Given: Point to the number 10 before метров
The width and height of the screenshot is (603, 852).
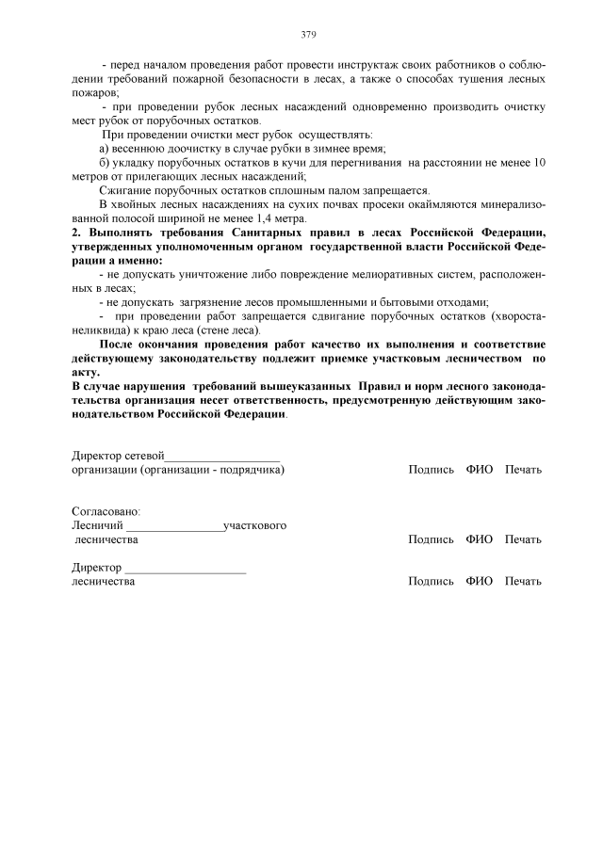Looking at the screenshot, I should [x=538, y=163].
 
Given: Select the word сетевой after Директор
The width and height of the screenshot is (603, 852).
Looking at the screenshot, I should [x=145, y=456].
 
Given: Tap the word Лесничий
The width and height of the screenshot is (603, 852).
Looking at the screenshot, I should [x=97, y=525].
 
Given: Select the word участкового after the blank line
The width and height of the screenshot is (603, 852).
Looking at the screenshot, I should [x=255, y=525].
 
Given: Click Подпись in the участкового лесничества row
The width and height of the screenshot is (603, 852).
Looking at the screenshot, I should [x=431, y=539].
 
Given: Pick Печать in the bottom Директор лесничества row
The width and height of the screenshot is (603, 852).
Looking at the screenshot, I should [x=523, y=581].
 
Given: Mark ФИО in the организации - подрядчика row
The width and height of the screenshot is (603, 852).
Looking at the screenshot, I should [x=479, y=469].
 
